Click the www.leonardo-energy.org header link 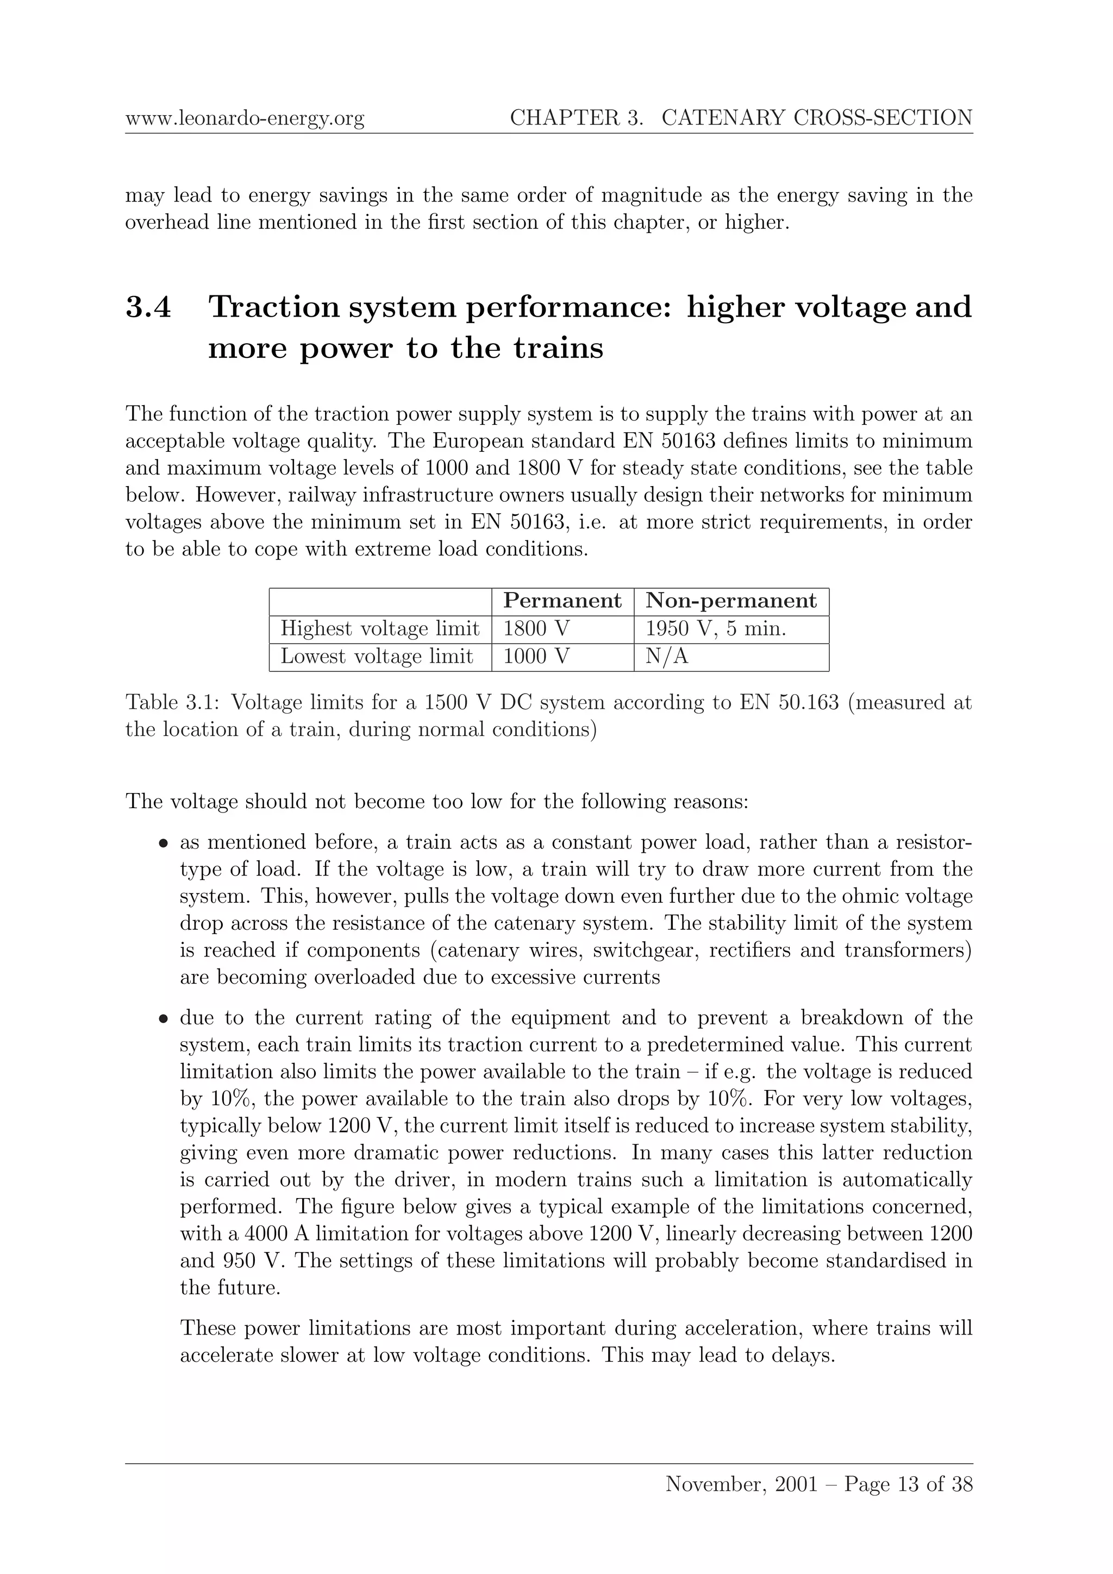pyautogui.click(x=245, y=118)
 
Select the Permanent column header pyautogui.click(x=562, y=601)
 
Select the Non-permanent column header pyautogui.click(x=731, y=601)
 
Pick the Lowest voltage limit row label pyautogui.click(x=377, y=657)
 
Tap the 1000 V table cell pyautogui.click(x=536, y=657)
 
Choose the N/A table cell pyautogui.click(x=667, y=657)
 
